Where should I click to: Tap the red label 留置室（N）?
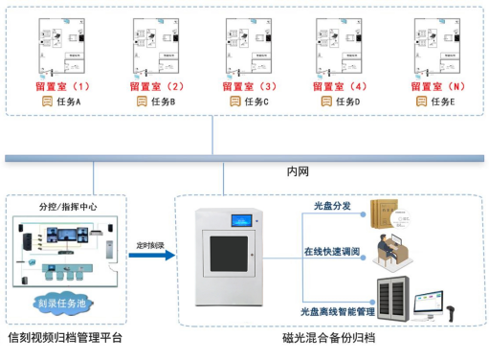tap(438, 86)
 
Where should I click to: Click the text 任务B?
tap(161, 101)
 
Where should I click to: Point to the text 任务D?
tap(347, 101)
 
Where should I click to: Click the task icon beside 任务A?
tap(44, 101)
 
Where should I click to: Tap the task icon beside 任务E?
tap(421, 101)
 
